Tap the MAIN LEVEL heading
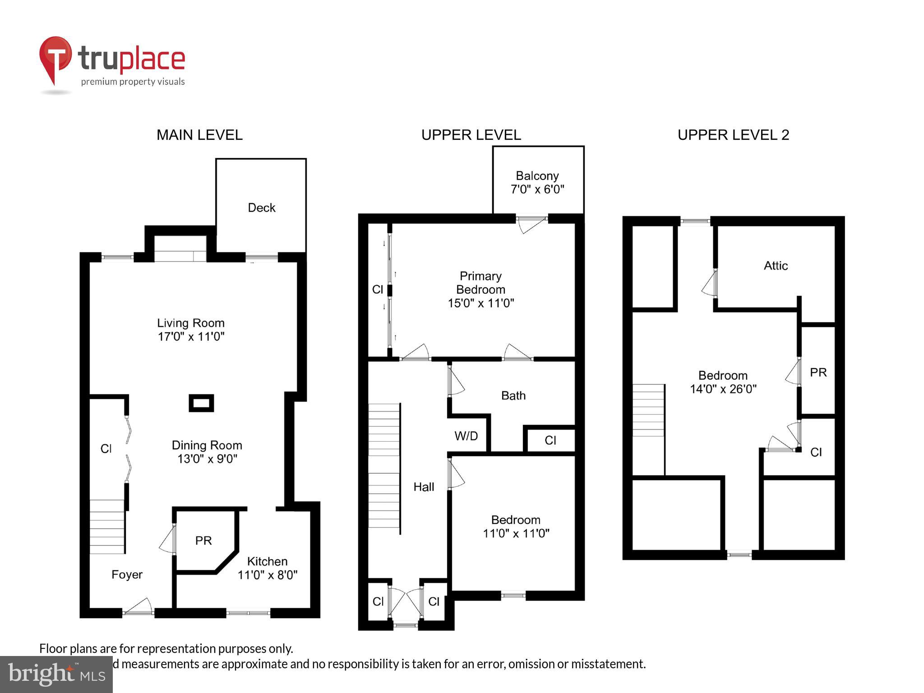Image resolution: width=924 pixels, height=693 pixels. [x=199, y=135]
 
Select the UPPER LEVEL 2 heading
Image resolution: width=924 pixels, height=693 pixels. [x=733, y=135]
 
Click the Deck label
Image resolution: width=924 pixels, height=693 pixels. [x=261, y=208]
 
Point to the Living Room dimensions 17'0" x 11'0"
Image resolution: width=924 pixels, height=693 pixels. [x=191, y=337]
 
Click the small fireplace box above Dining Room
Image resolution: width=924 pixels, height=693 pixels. [x=201, y=403]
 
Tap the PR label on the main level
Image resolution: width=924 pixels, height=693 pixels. [x=203, y=541]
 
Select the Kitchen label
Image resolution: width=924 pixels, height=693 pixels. [x=267, y=561]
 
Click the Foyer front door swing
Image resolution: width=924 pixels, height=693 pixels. [x=139, y=607]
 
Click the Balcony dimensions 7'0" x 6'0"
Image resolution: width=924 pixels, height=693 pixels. [x=537, y=189]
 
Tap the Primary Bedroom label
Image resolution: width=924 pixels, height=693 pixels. [x=480, y=283]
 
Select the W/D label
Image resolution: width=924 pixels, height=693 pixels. [x=466, y=436]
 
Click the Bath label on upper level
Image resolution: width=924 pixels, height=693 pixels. [x=513, y=396]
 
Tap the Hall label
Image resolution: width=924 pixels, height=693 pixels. [x=424, y=487]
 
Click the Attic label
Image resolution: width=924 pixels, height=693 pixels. [x=776, y=266]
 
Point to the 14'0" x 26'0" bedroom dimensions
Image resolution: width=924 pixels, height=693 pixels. [x=723, y=389]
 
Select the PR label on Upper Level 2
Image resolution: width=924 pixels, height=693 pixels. [x=818, y=373]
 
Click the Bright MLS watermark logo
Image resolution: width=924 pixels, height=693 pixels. [x=56, y=674]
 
